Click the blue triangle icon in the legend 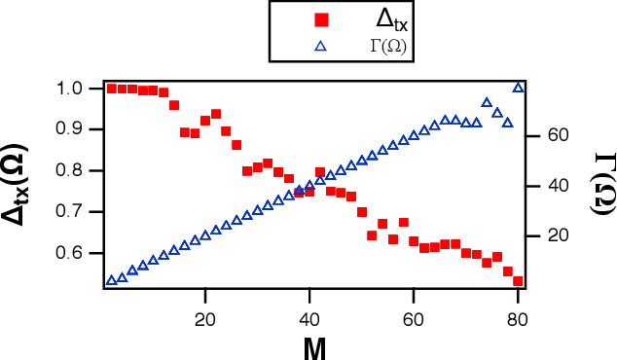[321, 46]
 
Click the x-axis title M [313, 347]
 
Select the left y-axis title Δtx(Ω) [24, 185]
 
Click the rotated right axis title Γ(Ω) [597, 185]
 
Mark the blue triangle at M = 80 [518, 88]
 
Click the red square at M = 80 [518, 281]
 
